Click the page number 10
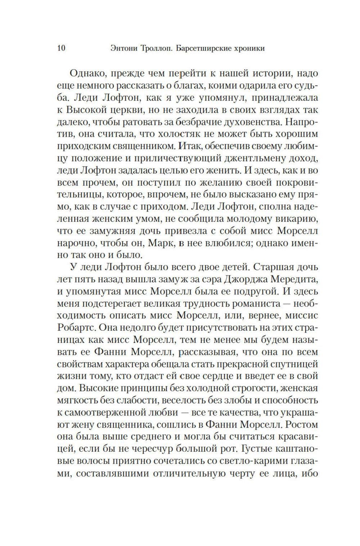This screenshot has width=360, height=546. tap(61, 48)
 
